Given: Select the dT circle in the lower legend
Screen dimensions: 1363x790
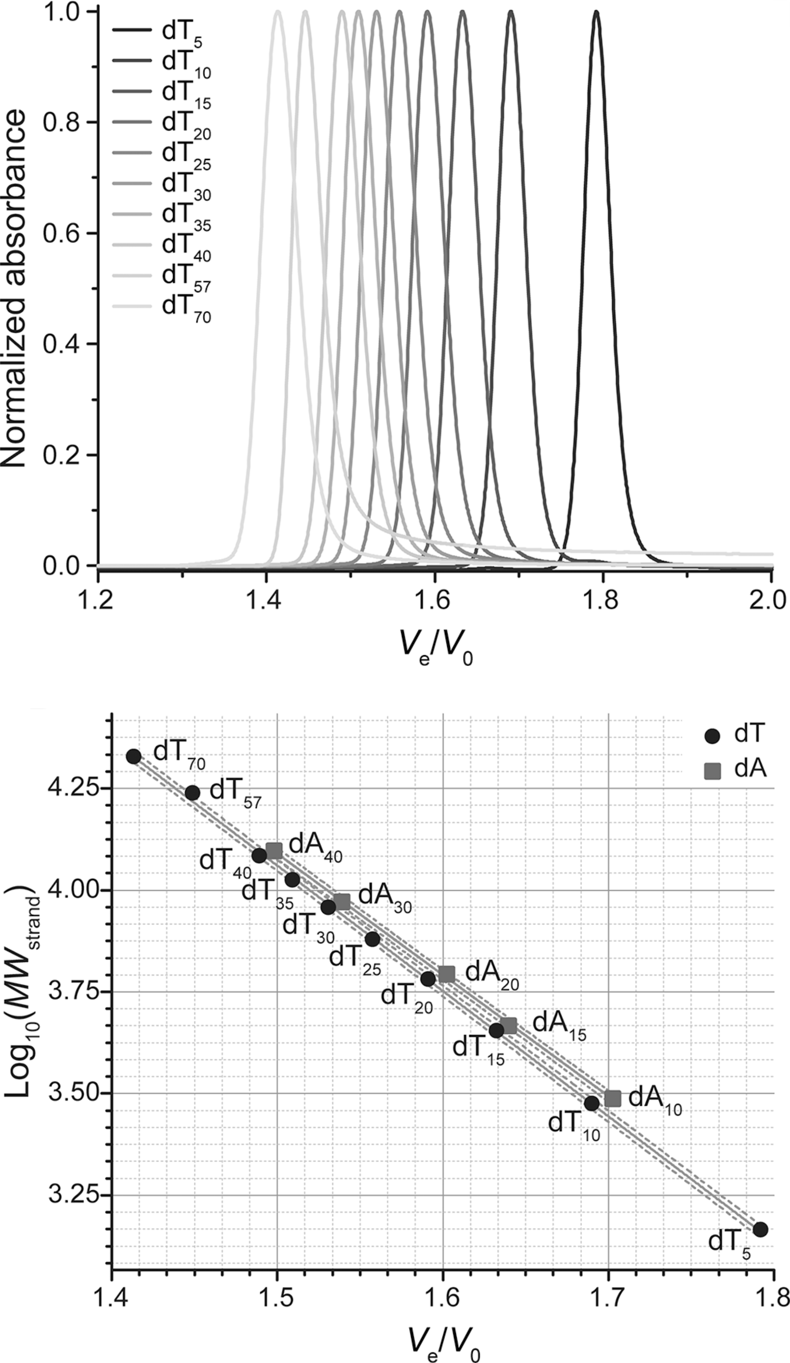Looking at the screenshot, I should click(713, 736).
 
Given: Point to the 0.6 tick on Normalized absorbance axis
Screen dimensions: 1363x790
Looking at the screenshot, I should click(64, 233).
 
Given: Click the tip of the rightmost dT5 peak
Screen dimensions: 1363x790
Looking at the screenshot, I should click(596, 12).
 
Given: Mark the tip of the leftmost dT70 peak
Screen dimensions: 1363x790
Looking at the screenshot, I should click(277, 12).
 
